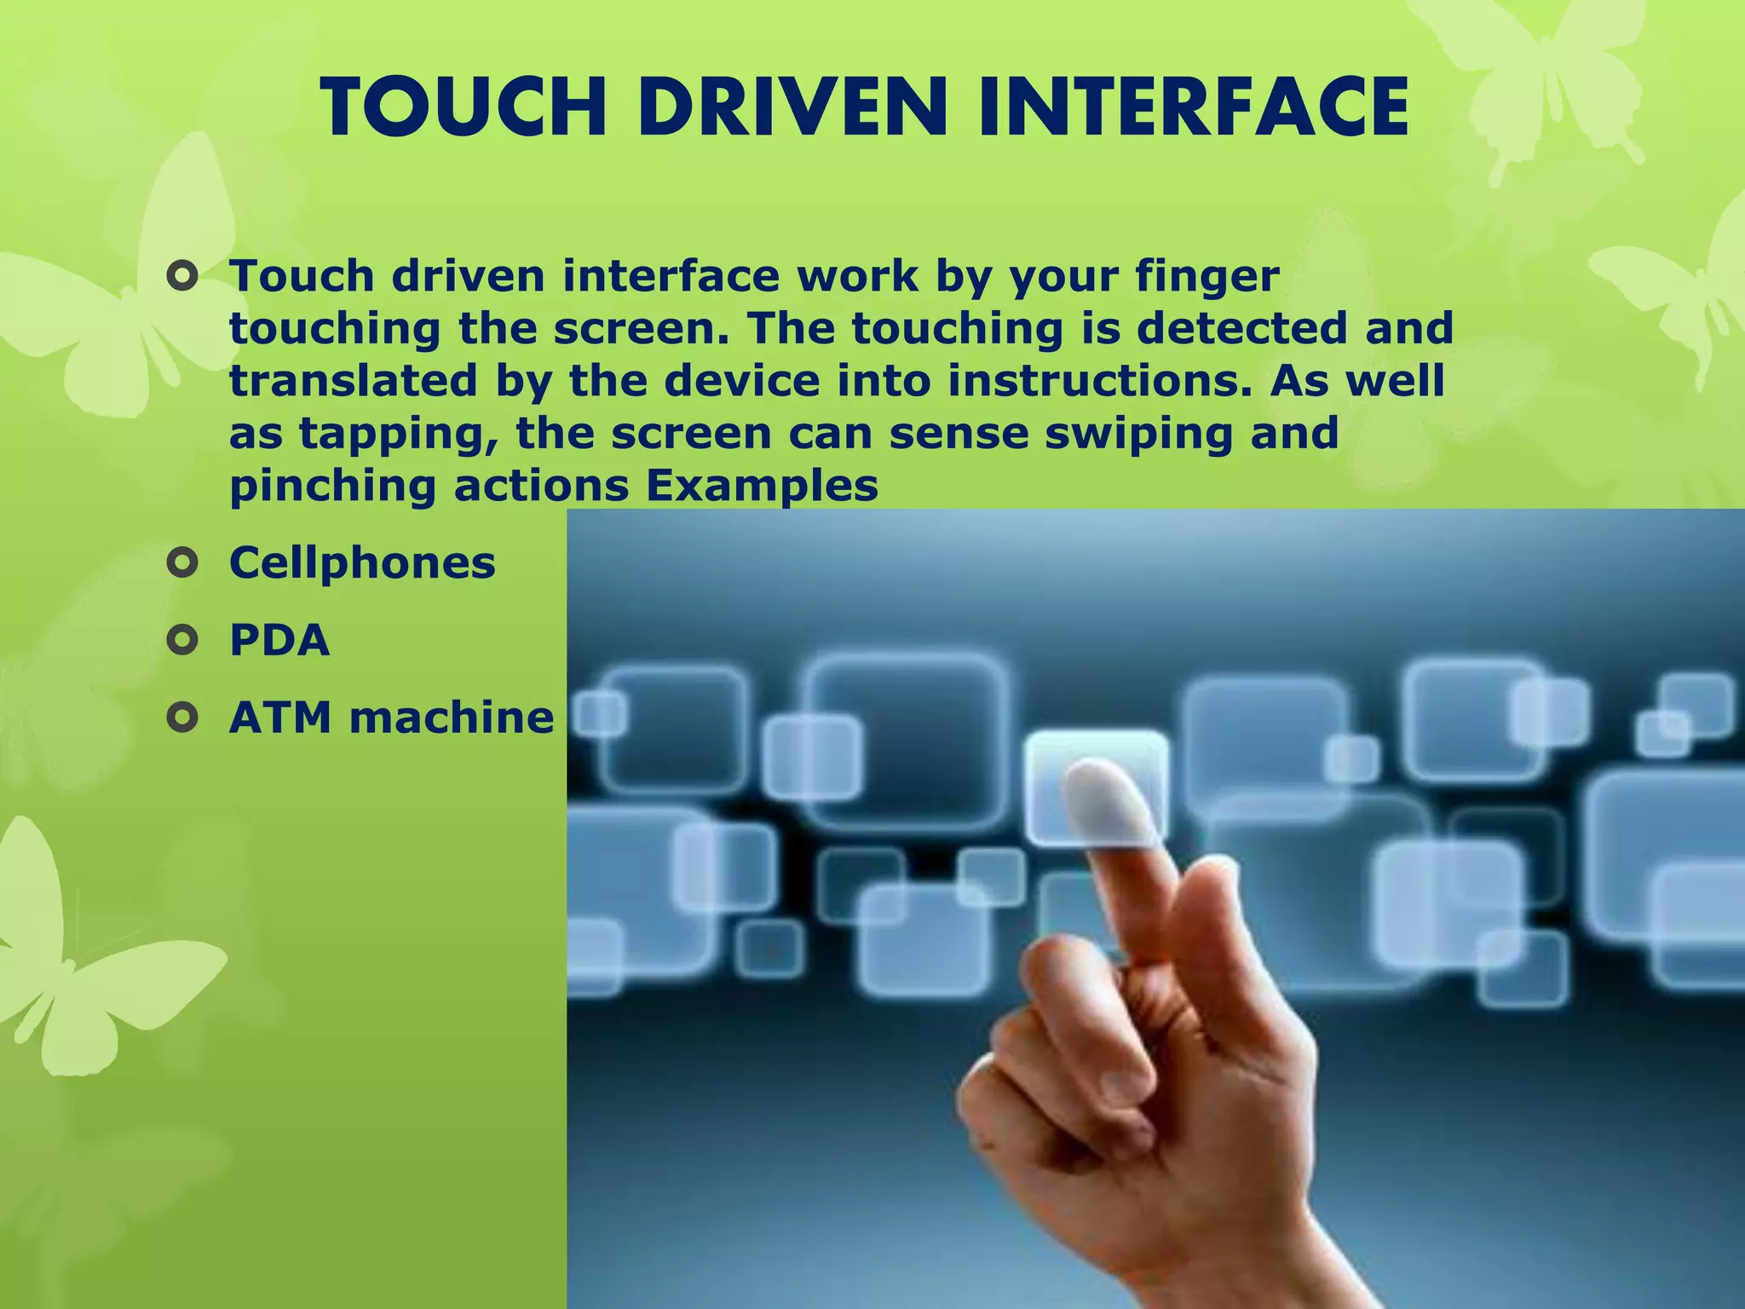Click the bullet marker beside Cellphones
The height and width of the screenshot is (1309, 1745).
[x=182, y=562]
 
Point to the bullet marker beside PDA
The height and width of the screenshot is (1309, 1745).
[x=182, y=640]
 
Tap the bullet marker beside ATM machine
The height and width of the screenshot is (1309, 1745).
[x=182, y=718]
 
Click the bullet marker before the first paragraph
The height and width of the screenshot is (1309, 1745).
[x=182, y=277]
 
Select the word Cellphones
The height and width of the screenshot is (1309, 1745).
[x=362, y=562]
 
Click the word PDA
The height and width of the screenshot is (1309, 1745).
[x=279, y=640]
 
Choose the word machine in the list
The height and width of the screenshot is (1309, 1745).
[x=452, y=718]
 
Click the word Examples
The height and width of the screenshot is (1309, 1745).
[x=762, y=486]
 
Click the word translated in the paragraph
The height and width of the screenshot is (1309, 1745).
[x=354, y=381]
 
